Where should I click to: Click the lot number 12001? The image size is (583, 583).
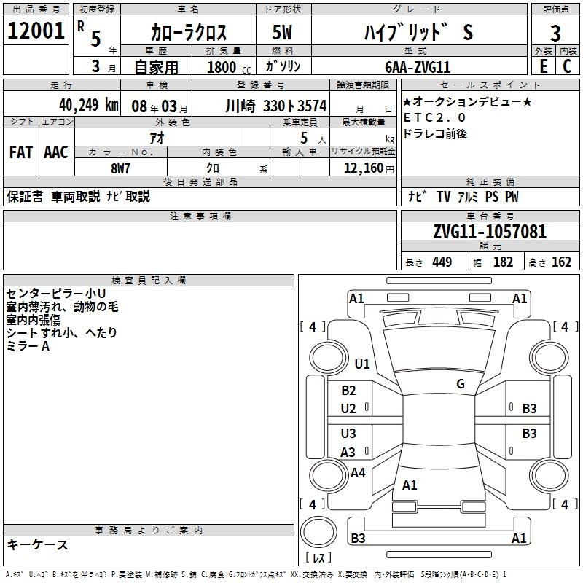[x=36, y=31]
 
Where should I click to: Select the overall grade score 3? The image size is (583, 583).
[x=555, y=33]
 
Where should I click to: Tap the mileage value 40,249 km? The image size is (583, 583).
[x=89, y=105]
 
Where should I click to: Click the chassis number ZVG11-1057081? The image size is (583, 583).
[x=490, y=232]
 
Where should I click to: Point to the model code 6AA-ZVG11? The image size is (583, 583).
[x=418, y=67]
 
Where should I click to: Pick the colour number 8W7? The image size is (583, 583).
[x=120, y=168]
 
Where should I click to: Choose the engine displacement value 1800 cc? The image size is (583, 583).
[x=229, y=67]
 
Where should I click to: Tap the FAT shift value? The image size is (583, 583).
[x=21, y=152]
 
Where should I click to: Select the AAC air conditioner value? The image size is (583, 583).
[x=56, y=152]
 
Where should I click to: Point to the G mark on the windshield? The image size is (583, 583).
[x=461, y=383]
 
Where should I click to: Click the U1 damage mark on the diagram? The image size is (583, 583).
[x=362, y=364]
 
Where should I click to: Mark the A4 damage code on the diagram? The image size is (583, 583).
[x=358, y=473]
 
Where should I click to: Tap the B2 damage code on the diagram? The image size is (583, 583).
[x=348, y=391]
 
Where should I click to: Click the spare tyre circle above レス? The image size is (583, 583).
[x=318, y=532]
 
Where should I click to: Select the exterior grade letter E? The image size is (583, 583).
[x=544, y=66]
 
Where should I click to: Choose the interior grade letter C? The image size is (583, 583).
[x=567, y=66]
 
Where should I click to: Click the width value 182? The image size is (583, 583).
[x=503, y=262]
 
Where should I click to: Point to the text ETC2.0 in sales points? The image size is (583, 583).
[x=434, y=117]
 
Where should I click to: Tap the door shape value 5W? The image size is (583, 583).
[x=282, y=32]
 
